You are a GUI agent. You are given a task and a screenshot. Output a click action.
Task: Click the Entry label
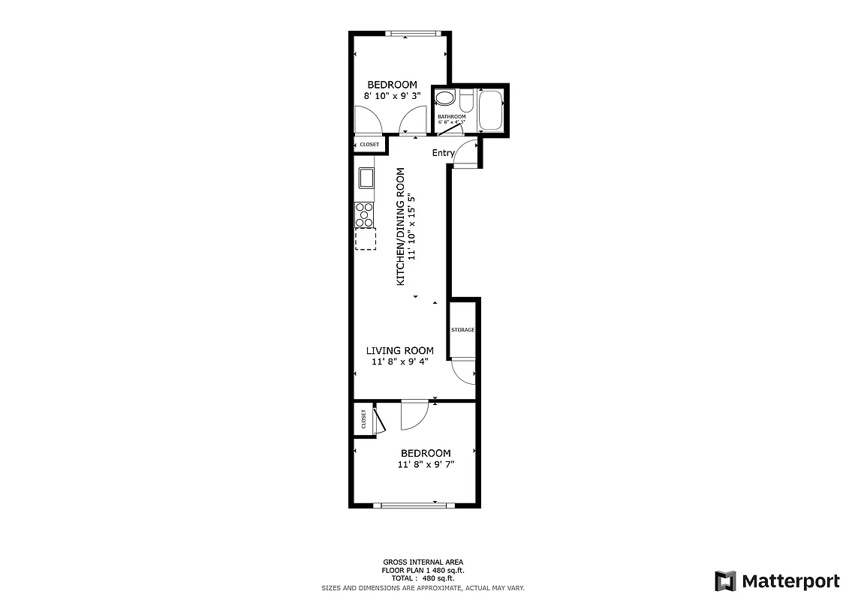[x=443, y=153]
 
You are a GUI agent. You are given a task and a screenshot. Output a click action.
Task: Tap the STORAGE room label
[x=462, y=330]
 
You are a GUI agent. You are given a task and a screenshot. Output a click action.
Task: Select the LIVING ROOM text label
[x=399, y=350]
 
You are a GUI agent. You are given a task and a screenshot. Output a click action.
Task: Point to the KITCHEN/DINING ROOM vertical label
[x=401, y=226]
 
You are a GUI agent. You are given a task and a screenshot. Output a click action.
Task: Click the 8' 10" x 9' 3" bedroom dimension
[x=391, y=96]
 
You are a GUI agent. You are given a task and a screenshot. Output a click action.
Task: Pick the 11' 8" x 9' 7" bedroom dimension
[x=426, y=464]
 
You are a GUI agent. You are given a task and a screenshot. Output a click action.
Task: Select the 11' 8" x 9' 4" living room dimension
[x=399, y=362]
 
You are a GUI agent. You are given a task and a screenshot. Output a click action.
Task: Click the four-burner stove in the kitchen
[x=365, y=214]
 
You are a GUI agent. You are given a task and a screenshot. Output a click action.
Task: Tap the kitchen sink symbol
[x=366, y=178]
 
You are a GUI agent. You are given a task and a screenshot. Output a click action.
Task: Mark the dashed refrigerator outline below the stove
[x=366, y=238]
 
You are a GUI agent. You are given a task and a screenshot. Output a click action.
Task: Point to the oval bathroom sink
[x=445, y=98]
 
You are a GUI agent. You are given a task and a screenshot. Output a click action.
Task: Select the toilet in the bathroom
[x=466, y=100]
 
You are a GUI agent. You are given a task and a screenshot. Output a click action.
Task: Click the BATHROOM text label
[x=451, y=117]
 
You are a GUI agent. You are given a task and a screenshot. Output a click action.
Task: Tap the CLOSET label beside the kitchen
[x=369, y=144]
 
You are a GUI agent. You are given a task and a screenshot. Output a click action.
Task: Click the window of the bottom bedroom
[x=417, y=505]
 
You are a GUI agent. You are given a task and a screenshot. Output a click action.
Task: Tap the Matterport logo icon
[x=725, y=581]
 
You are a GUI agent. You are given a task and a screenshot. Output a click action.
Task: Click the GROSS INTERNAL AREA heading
[x=423, y=562]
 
